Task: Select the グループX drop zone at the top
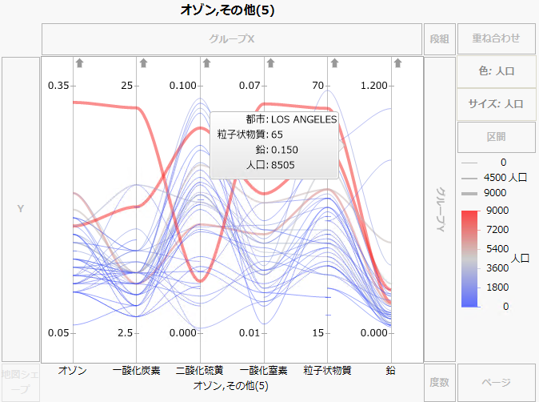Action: click(231, 38)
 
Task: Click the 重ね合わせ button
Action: click(496, 38)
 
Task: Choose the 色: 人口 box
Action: click(496, 70)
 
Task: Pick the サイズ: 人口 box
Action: click(496, 103)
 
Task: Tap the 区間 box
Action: click(496, 136)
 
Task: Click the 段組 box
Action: click(439, 38)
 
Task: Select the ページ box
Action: click(496, 383)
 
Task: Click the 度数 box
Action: click(439, 383)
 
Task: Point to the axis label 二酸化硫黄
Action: click(199, 370)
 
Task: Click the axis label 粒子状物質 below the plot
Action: click(327, 370)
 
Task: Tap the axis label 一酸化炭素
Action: click(136, 370)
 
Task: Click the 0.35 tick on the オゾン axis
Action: click(59, 86)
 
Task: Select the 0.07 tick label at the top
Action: click(250, 86)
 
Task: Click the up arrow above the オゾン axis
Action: click(79, 62)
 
